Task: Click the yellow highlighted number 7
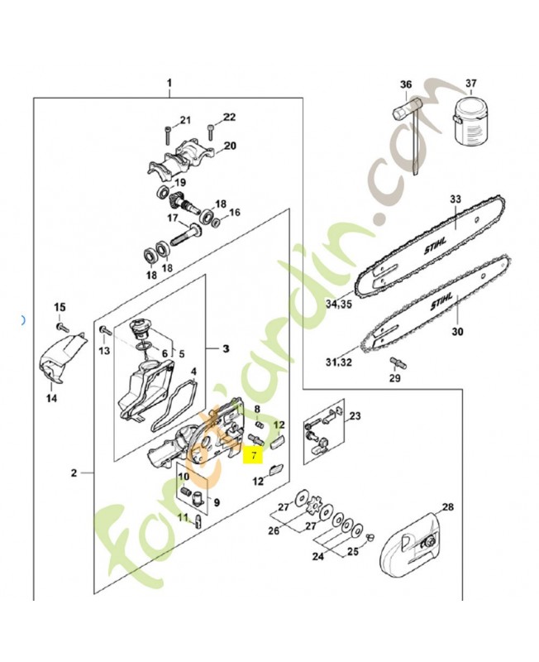(x=253, y=454)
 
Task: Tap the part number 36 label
(x=405, y=84)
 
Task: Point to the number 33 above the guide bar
(x=454, y=199)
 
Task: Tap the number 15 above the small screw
(x=59, y=308)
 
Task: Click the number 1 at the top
(x=169, y=84)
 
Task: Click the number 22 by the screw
(x=229, y=117)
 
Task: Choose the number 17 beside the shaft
(x=173, y=218)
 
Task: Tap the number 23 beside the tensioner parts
(x=356, y=416)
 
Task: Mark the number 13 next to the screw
(x=103, y=351)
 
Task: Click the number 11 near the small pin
(x=184, y=517)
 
